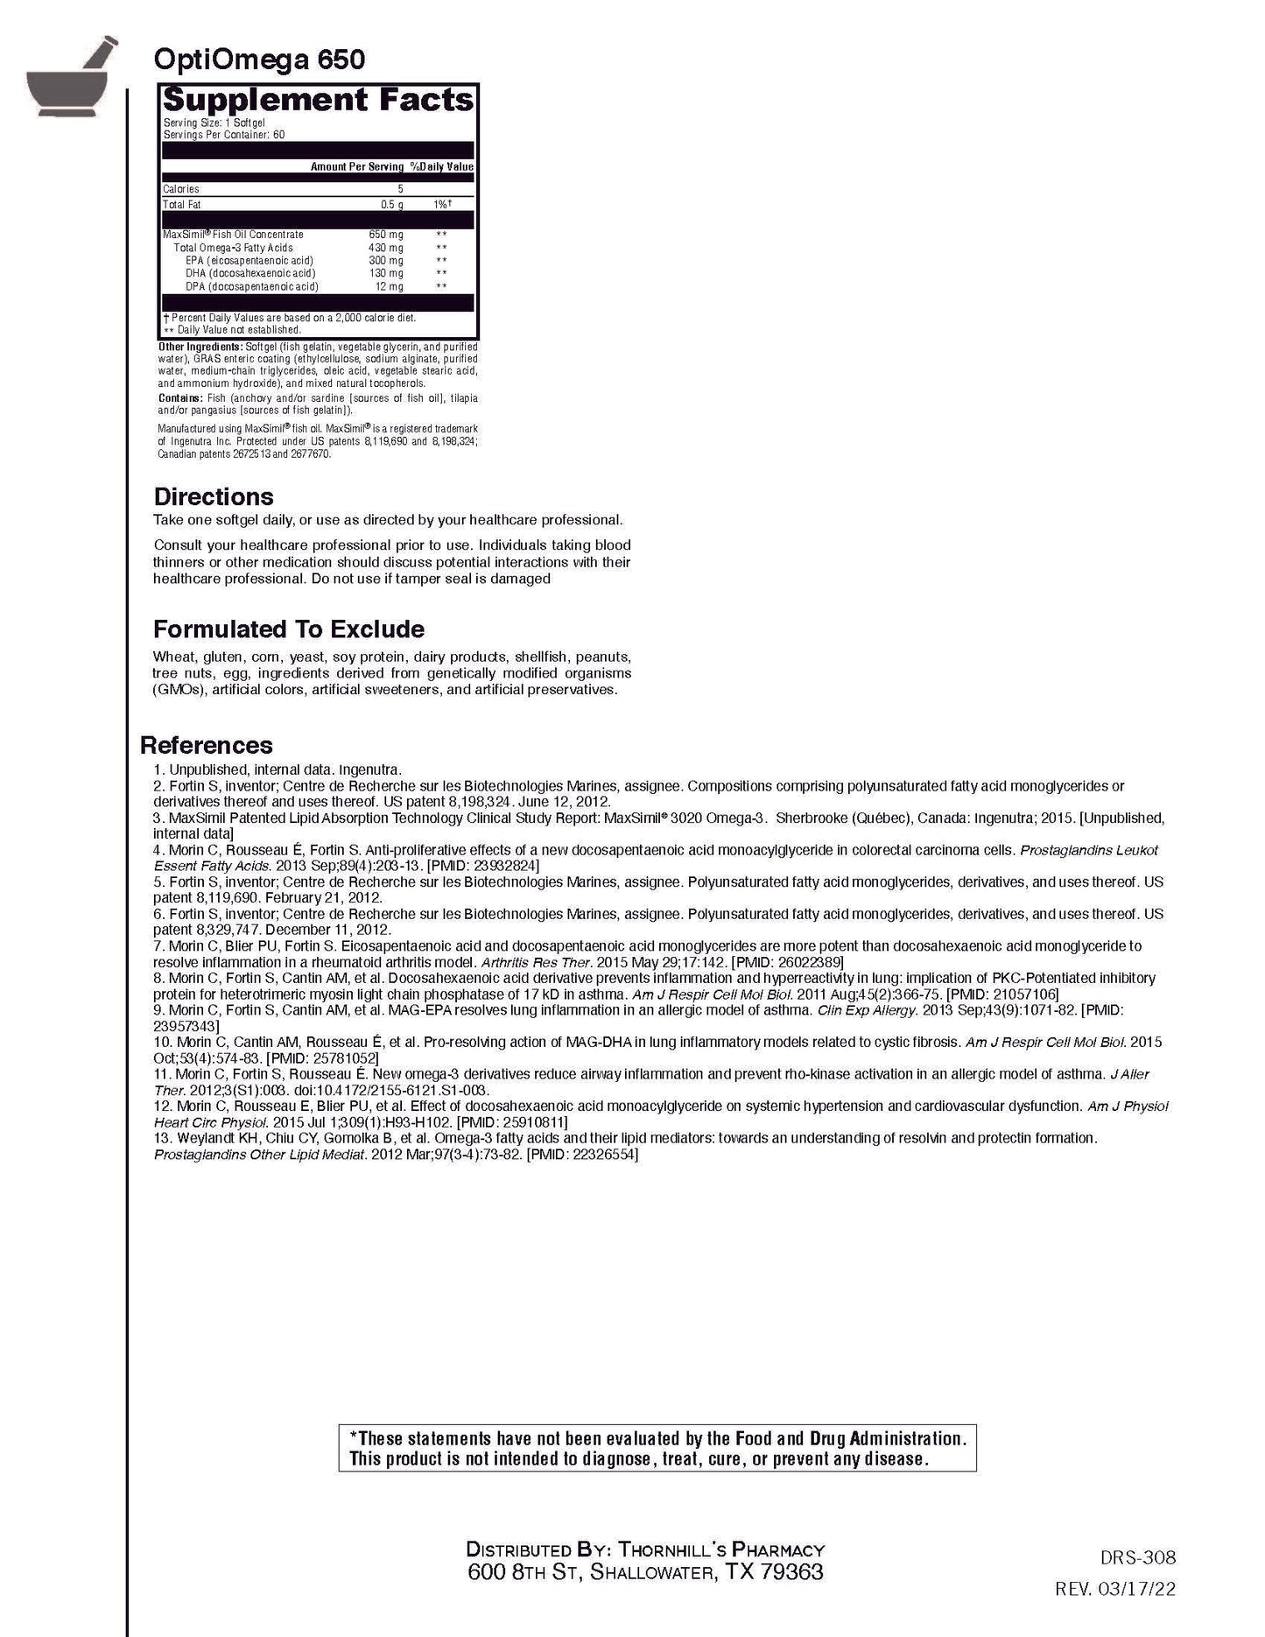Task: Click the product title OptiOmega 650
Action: pos(259,60)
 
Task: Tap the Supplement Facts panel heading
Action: pos(318,100)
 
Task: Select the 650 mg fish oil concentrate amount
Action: pos(386,235)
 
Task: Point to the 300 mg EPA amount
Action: pos(386,261)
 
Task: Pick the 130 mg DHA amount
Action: pos(386,274)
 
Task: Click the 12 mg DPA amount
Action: pos(390,287)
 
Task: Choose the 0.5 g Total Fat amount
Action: pos(391,205)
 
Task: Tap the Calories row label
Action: pos(181,189)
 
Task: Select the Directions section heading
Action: pos(214,496)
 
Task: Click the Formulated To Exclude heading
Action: pos(288,629)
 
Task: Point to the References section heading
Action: pos(206,745)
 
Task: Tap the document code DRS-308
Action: pos(1137,1557)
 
